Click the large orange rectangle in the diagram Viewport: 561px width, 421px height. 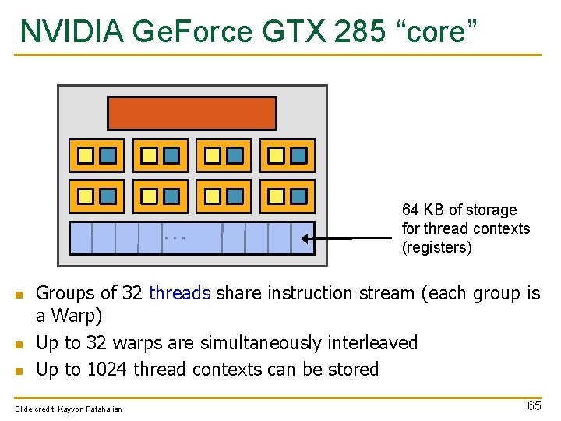(x=192, y=113)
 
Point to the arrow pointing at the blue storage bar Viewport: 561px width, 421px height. (x=327, y=239)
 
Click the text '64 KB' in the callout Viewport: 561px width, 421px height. (x=424, y=210)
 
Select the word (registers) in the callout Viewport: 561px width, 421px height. (x=437, y=247)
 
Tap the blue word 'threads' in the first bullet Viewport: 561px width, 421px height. (x=179, y=293)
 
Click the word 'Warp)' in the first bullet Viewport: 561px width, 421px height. (x=78, y=317)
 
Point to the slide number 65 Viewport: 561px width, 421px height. (x=534, y=406)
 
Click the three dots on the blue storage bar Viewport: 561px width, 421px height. (x=175, y=236)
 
